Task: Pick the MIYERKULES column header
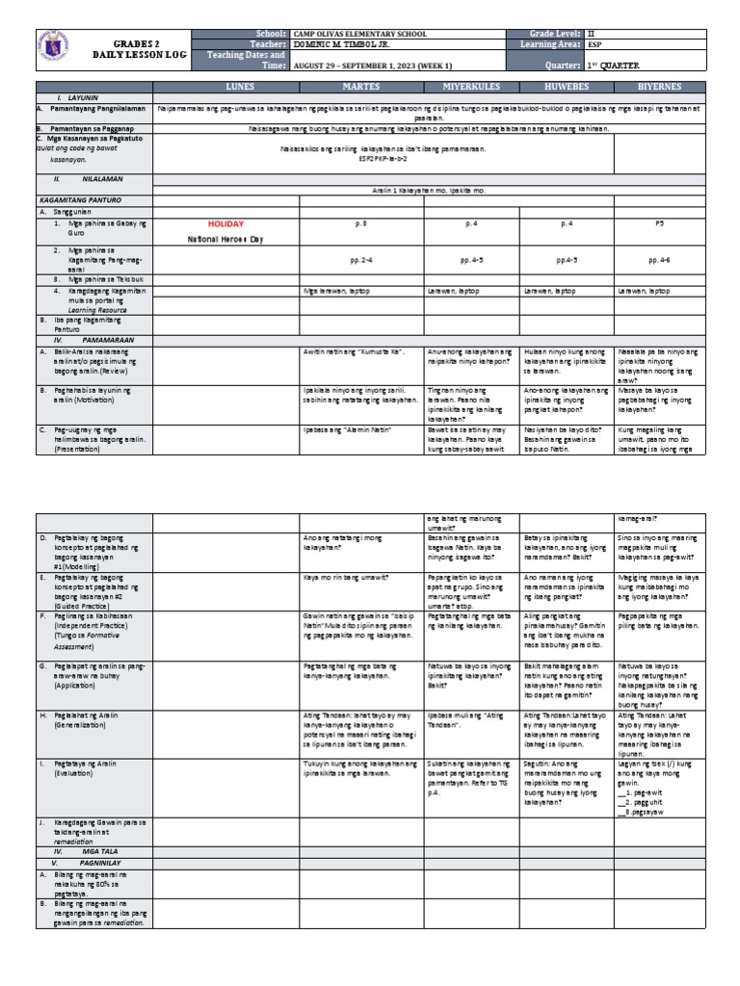(469, 87)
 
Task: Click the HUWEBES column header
(566, 87)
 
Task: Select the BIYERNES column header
(660, 87)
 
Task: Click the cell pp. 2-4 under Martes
(360, 259)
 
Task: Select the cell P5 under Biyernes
(660, 223)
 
